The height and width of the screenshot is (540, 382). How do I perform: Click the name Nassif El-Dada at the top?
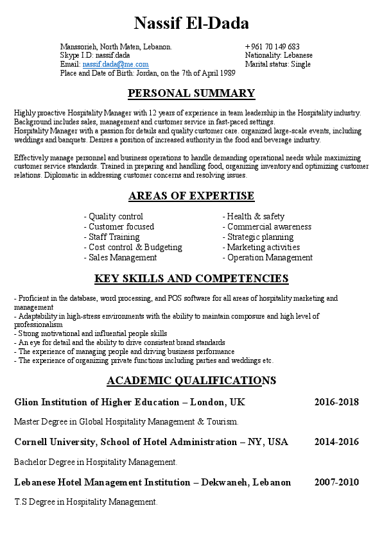pos(191,24)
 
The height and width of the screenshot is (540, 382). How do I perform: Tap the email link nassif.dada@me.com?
pos(116,65)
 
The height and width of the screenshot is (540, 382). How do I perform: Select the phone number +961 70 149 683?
pos(272,47)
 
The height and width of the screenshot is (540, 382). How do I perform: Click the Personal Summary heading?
pos(191,94)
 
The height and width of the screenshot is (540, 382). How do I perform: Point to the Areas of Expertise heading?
pos(191,196)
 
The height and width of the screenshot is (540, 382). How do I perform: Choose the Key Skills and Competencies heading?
pos(191,278)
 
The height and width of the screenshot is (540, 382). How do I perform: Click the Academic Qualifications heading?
pos(191,381)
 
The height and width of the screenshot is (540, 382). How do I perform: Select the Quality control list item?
pos(114,217)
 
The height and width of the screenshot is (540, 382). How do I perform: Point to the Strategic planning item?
pos(258,237)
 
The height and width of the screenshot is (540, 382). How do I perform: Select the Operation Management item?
pos(268,258)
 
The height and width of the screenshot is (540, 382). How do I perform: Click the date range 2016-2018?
pos(336,403)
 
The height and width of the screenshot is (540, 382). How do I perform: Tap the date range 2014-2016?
pos(336,443)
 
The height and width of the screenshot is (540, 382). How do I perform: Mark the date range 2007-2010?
pos(336,482)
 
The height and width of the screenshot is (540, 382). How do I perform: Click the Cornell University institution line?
pos(151,443)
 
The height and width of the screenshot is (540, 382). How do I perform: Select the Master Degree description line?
pos(126,422)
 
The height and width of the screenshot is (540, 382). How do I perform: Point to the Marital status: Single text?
pos(278,65)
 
